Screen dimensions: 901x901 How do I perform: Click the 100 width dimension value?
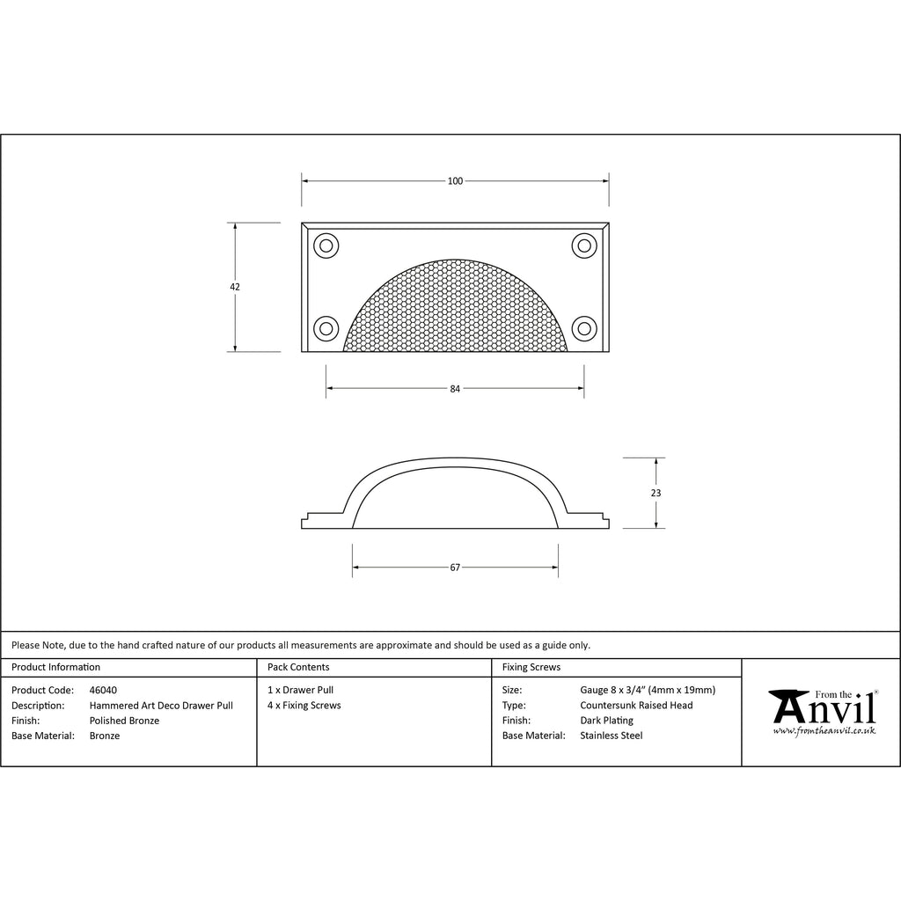(x=455, y=181)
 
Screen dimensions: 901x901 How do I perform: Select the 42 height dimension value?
(x=234, y=287)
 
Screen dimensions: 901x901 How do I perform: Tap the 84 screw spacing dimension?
(x=455, y=389)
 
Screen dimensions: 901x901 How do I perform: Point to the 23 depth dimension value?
(x=656, y=493)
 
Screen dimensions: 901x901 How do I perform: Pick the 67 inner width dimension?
(x=455, y=568)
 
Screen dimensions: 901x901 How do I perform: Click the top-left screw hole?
(x=326, y=246)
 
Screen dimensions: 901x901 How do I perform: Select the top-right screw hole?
(x=584, y=246)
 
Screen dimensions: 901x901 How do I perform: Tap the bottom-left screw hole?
(x=326, y=329)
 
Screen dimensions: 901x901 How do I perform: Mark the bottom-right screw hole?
(x=584, y=329)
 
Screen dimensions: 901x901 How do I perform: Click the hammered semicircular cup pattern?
(x=455, y=311)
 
